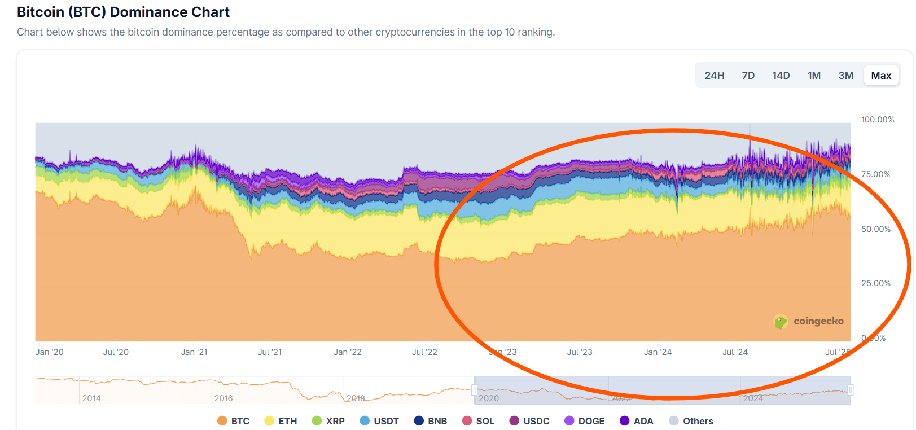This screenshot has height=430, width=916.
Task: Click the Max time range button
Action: [x=880, y=76]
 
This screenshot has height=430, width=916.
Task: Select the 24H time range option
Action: [x=714, y=76]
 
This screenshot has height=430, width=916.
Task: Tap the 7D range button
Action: [x=748, y=76]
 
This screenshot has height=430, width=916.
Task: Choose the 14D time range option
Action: [x=781, y=76]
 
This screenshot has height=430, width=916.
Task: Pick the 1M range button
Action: [x=813, y=76]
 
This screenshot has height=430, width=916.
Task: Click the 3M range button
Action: [x=845, y=76]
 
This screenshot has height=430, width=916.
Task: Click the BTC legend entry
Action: [x=233, y=421]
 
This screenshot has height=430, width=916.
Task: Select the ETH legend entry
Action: [x=281, y=421]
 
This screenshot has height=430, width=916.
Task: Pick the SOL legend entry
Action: [x=478, y=421]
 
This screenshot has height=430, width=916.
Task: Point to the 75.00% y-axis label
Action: [x=875, y=174]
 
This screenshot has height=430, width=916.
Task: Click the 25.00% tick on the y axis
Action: [x=875, y=283]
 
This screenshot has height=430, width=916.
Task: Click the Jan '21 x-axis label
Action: [x=194, y=352]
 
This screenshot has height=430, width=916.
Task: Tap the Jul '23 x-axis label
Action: [x=580, y=352]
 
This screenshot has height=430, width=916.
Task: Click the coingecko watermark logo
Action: [x=808, y=322]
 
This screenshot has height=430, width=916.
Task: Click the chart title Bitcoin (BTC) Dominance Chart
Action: [x=123, y=12]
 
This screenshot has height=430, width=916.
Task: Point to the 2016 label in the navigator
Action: [x=223, y=398]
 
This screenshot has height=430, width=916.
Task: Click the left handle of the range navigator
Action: [x=475, y=390]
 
